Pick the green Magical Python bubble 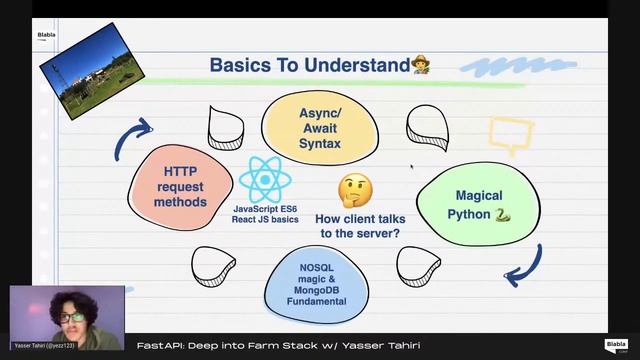point(479,205)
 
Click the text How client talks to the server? point(358,226)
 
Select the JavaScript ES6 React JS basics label point(266,213)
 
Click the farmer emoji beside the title point(421,65)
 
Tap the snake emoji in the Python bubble point(502,215)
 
